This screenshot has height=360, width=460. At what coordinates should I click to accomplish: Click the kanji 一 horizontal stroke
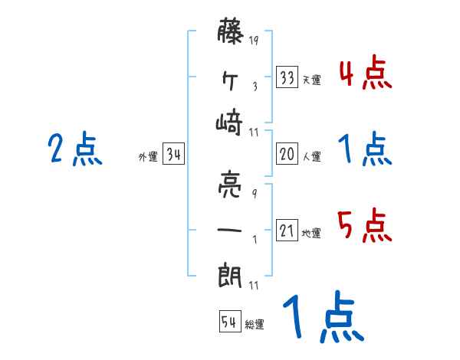[x=232, y=229]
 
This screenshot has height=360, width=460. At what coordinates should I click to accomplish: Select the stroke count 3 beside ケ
[x=254, y=86]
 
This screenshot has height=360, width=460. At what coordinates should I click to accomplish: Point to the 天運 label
[x=311, y=80]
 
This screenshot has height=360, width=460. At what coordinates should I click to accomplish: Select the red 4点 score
[x=364, y=73]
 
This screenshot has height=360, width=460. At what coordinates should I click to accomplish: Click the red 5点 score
[x=364, y=227]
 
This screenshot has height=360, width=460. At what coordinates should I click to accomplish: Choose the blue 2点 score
[x=74, y=149]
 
